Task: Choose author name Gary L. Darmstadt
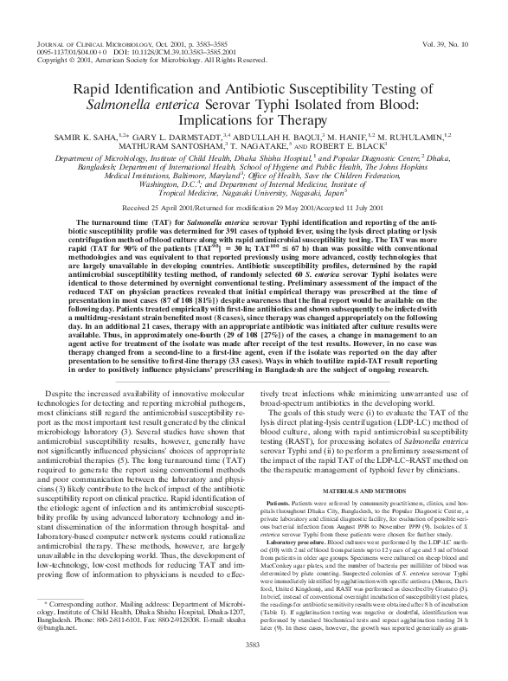(181, 138)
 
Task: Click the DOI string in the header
(172, 50)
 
